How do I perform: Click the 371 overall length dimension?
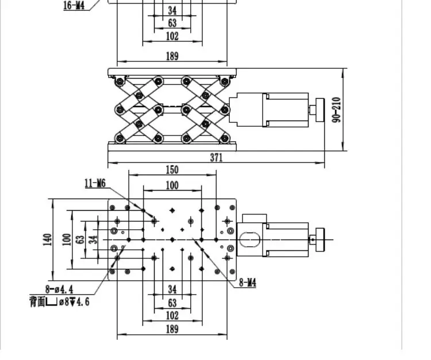216,158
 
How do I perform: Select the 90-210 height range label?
336,110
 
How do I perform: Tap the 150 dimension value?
172,170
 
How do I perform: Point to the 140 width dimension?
47,239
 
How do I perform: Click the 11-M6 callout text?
95,183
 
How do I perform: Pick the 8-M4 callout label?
248,282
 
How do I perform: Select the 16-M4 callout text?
74,6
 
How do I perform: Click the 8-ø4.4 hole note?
59,290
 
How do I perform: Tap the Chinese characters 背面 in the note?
37,301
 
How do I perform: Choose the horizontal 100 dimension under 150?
172,185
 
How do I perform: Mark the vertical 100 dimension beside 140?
67,239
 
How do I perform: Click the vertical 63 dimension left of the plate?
80,239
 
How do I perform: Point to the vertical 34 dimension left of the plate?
94,239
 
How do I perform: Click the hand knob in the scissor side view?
320,110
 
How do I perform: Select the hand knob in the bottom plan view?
320,240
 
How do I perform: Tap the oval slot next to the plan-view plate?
249,240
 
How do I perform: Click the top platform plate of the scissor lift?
172,72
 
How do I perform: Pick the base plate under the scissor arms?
172,146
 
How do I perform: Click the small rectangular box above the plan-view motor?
254,219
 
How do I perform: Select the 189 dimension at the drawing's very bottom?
172,329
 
